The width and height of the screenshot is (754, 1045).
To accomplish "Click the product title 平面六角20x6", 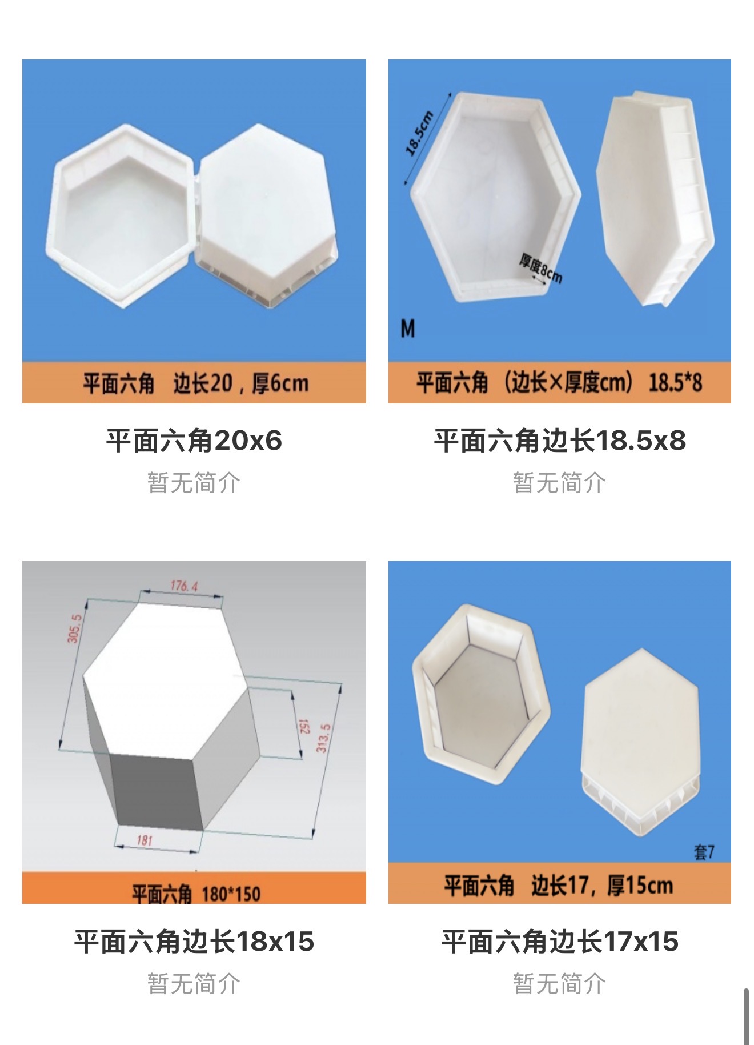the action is click(x=194, y=441).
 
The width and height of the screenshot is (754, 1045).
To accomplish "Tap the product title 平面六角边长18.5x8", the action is click(x=560, y=441).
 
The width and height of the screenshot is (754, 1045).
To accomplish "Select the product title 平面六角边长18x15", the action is click(x=194, y=941).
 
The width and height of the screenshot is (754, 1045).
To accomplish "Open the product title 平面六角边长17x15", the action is click(x=560, y=941).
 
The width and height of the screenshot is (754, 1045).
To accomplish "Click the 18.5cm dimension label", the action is click(x=419, y=133).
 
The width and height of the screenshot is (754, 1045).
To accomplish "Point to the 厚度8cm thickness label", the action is click(x=540, y=269).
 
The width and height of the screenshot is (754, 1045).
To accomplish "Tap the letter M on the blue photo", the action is click(x=408, y=329).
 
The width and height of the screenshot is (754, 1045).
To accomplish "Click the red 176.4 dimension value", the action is click(x=184, y=586).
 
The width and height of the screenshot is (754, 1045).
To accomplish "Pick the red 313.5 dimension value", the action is click(x=323, y=738).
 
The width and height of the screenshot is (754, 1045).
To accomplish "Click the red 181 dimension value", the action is click(x=145, y=840).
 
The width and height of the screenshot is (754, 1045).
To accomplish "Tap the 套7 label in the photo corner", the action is click(x=704, y=852).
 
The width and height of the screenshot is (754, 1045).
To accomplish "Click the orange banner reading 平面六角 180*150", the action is click(x=194, y=888).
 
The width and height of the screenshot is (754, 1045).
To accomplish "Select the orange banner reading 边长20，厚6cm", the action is click(x=194, y=382).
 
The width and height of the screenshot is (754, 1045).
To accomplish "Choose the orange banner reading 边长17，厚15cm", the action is click(x=560, y=883).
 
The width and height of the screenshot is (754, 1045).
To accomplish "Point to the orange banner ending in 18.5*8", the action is click(x=560, y=382).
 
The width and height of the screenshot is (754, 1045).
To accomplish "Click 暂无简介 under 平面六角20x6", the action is click(x=194, y=483).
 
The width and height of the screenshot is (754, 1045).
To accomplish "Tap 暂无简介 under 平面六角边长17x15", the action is click(x=560, y=983).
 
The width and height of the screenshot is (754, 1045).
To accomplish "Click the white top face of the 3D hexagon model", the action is click(x=166, y=680).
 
